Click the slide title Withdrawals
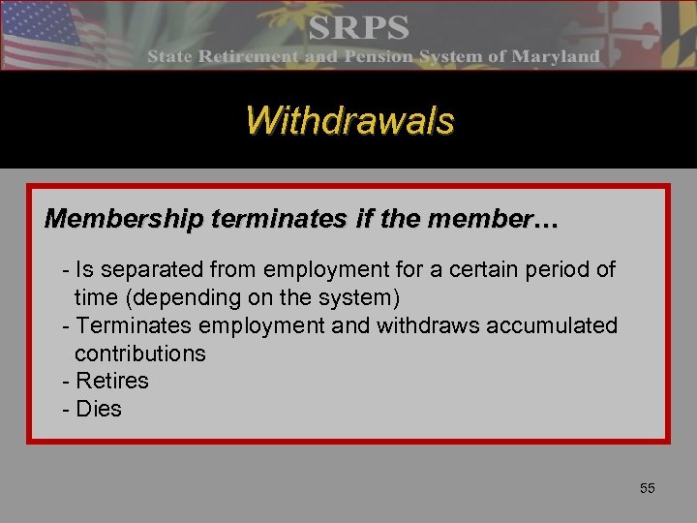click(x=349, y=121)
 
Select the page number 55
click(x=647, y=488)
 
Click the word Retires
click(x=111, y=381)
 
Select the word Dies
click(x=98, y=409)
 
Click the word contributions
click(x=140, y=354)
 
